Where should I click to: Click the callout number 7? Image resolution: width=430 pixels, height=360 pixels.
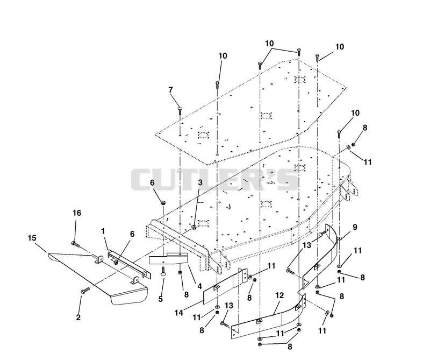coord(170,90)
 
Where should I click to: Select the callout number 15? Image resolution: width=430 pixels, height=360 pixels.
coord(32,238)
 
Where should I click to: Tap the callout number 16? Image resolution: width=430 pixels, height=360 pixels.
coord(77,213)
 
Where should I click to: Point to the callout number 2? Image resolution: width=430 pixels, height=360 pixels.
coord(78,317)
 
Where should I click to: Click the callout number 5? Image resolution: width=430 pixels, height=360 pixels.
coord(160,299)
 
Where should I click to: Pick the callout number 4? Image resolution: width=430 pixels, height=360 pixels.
coord(199,286)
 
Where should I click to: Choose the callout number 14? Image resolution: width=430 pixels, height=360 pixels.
coord(179,313)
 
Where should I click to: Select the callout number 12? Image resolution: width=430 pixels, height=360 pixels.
coord(279,295)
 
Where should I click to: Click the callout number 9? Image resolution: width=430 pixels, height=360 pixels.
coord(355,227)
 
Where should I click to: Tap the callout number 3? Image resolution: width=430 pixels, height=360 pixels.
coord(200,182)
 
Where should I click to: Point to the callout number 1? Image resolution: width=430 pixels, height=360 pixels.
coord(103,231)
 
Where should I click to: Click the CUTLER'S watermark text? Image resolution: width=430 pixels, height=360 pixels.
coord(214,180)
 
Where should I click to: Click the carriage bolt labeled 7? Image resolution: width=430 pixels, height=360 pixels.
coord(180,112)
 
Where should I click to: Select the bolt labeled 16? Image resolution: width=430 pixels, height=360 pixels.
coord(75,244)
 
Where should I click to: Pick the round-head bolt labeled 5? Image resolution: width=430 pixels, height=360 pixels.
coord(163,272)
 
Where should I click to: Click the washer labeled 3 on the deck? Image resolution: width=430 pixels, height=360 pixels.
coord(194,227)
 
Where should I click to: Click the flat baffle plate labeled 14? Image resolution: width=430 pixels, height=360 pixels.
coord(225,286)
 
